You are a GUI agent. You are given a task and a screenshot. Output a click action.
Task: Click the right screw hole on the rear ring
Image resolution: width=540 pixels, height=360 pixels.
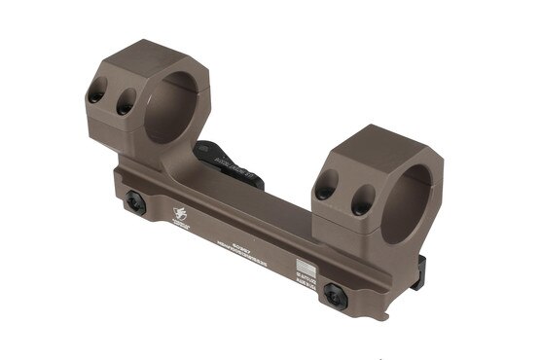coord(125,104)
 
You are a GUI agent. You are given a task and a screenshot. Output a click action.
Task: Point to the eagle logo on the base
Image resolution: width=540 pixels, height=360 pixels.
coord(180,213)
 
